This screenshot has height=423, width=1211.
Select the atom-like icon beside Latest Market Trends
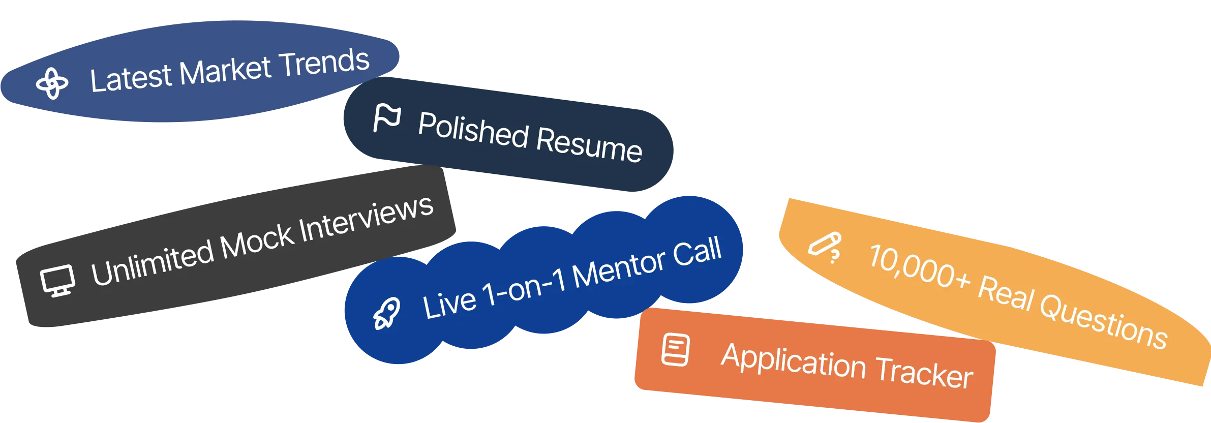coord(52,83)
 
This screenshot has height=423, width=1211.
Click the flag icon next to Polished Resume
coord(387,118)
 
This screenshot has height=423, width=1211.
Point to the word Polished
coord(473,130)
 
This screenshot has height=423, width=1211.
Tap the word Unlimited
coord(153,264)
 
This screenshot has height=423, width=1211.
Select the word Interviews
coord(366,219)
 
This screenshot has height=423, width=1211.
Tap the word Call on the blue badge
coord(697,252)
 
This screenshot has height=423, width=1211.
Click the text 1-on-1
coord(524,289)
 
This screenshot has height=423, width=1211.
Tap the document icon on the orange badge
coord(676,350)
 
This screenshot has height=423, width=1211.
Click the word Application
coord(794,361)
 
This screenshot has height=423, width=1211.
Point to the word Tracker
coord(924,373)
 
